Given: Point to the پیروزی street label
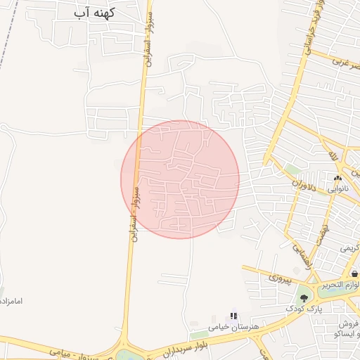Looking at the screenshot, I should pos(279,278).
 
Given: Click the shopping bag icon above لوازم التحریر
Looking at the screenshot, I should pos(354,273).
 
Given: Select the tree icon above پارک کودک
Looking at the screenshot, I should pos(304,298).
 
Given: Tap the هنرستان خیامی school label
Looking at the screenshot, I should pos(235,328).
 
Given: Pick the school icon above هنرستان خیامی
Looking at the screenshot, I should pos(233,316).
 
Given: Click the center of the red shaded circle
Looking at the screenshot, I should pos(180,179).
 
